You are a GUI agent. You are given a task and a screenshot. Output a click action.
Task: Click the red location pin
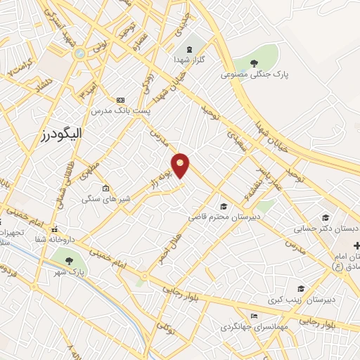[x=181, y=165]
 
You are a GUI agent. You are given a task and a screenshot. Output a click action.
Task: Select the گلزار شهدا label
[x=189, y=60]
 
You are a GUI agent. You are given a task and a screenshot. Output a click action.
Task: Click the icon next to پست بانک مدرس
[x=120, y=100]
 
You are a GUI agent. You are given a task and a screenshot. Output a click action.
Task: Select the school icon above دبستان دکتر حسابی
[x=325, y=218]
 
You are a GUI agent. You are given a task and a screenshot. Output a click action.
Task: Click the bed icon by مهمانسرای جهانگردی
[x=254, y=316]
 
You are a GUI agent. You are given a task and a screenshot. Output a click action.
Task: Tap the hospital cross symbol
[x=357, y=245]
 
